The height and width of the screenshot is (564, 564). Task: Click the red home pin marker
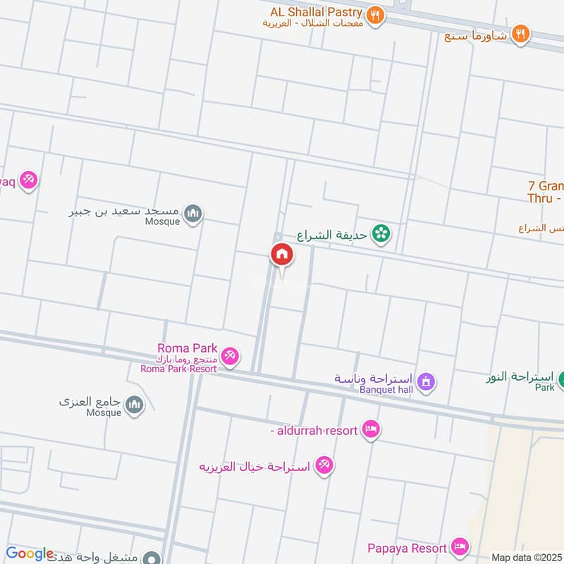(x=281, y=255)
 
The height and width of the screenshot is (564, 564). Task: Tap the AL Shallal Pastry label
(x=316, y=13)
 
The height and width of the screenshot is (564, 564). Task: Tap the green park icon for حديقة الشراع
(x=381, y=234)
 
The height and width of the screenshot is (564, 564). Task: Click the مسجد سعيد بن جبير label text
(x=125, y=211)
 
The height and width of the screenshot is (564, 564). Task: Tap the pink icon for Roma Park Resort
(x=229, y=357)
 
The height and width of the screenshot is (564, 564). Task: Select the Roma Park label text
(x=188, y=348)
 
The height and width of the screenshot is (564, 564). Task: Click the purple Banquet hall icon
(x=425, y=383)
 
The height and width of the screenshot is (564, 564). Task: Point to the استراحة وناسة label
(x=374, y=379)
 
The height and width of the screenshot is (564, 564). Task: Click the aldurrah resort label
(x=314, y=429)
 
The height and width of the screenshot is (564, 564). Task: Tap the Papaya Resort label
(x=407, y=548)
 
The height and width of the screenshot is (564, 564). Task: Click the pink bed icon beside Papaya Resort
(x=460, y=546)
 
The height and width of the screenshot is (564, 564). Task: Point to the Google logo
(x=29, y=554)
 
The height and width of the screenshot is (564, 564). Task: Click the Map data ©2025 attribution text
(x=525, y=557)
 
